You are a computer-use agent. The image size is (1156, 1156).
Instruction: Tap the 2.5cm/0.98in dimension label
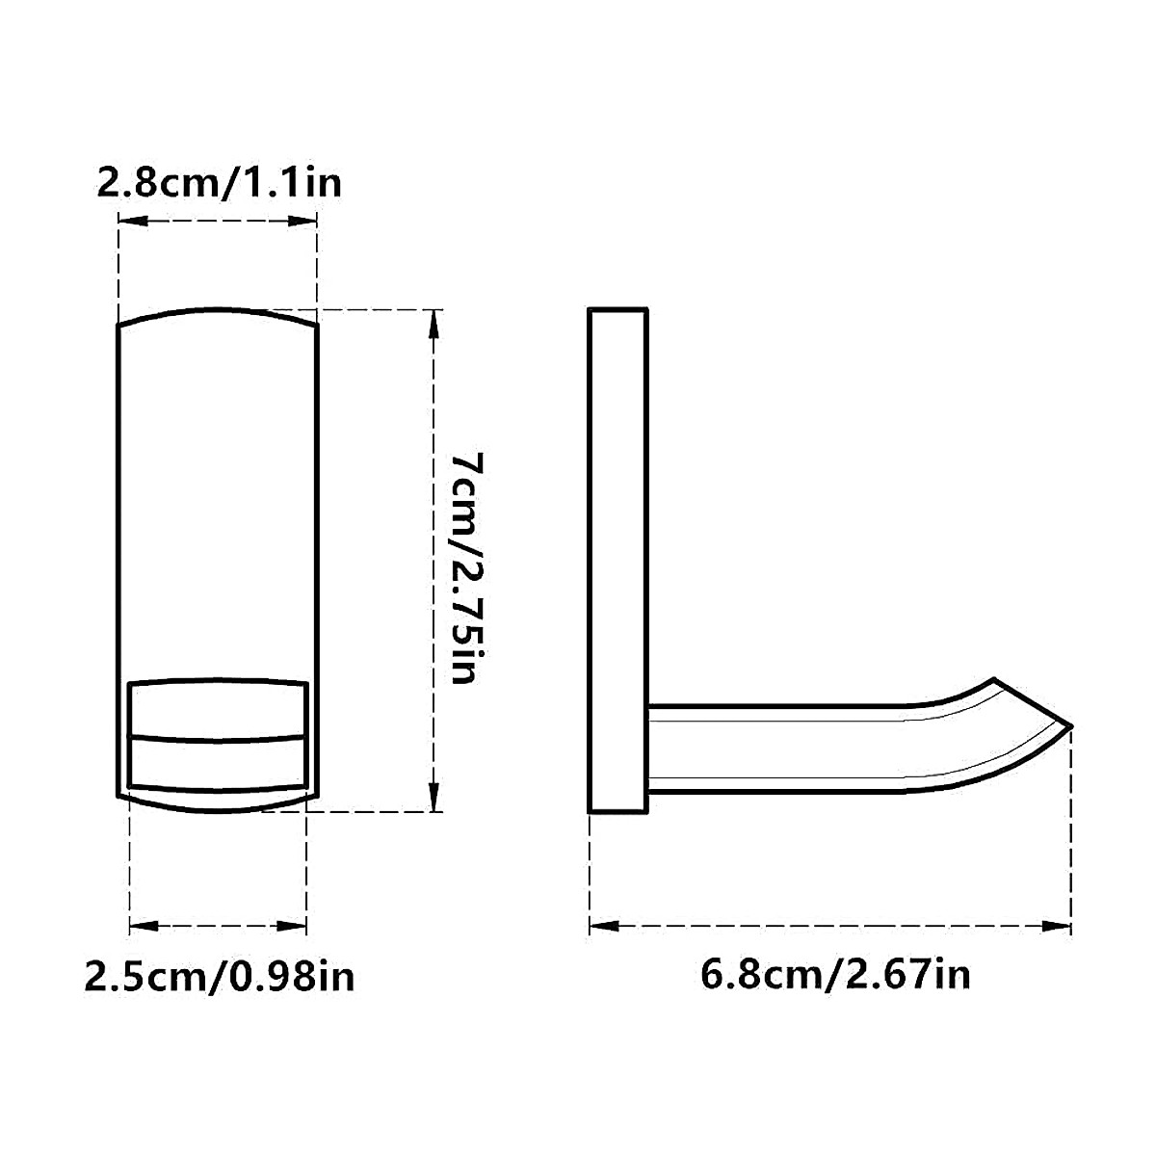(x=220, y=977)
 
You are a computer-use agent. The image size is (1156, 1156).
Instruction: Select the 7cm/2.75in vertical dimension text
(x=466, y=568)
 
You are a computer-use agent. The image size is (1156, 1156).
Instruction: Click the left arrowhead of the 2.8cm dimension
(x=133, y=221)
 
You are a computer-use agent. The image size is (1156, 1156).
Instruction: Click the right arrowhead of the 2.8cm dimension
(x=302, y=221)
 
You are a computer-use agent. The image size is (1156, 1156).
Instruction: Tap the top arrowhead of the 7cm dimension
(x=433, y=325)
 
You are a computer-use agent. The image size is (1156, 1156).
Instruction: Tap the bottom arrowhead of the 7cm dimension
(x=433, y=798)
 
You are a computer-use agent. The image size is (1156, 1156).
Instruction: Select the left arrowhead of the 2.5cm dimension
(x=144, y=926)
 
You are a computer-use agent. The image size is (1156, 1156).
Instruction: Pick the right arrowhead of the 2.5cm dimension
(x=292, y=926)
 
